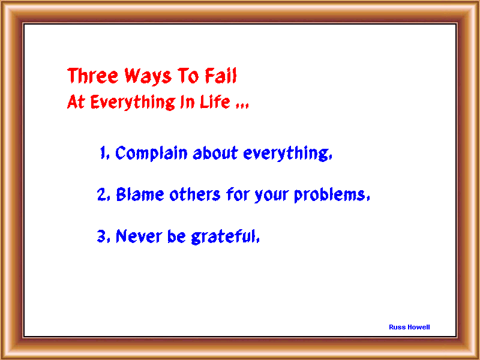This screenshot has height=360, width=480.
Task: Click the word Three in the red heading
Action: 93,76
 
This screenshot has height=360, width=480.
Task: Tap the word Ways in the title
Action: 148,76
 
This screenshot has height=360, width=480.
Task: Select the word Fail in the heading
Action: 221,76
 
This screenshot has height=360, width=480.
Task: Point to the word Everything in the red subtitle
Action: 133,102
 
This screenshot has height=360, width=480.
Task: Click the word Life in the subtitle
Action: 215,101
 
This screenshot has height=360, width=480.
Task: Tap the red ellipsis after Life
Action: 242,106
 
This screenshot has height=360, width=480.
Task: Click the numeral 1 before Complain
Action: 103,152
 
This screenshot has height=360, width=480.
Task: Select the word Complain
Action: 151,153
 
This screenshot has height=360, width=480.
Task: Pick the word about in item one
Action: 215,152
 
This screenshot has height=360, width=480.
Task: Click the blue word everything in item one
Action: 286,153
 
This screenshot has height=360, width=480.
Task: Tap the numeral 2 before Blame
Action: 101,194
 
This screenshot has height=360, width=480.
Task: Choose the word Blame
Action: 140,194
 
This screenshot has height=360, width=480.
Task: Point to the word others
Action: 195,194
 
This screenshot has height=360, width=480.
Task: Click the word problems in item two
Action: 329,194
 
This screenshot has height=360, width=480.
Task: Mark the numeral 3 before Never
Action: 101,236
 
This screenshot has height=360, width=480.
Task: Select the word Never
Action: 139,236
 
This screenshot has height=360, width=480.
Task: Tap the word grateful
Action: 224,236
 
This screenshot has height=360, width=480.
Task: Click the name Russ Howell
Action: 409,327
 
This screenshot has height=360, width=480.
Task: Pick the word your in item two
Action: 272,196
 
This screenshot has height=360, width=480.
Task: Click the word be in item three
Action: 176,236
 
